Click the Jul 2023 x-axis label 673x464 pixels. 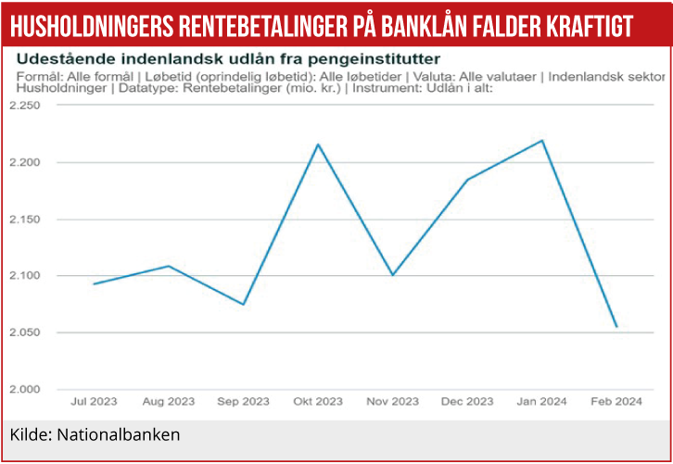(x=94, y=402)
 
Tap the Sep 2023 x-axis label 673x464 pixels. (x=243, y=402)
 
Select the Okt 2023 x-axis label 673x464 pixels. (x=318, y=402)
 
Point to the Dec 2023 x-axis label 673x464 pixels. (x=467, y=402)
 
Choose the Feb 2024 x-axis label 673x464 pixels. (x=616, y=402)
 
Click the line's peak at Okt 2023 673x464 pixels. (x=318, y=144)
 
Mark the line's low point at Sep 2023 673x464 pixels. (x=243, y=305)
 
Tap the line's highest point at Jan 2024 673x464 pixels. (x=542, y=141)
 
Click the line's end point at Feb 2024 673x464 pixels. (x=616, y=327)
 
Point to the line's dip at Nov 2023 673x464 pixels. (x=393, y=275)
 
